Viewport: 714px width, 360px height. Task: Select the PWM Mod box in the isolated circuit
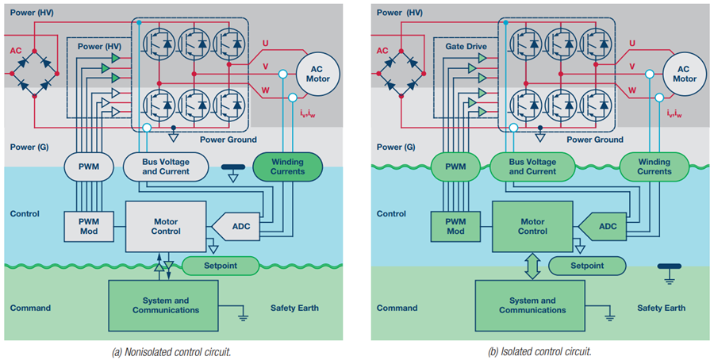pos(455,226)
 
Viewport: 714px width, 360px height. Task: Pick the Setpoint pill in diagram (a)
pos(220,266)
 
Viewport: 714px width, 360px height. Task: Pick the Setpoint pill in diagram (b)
pos(586,266)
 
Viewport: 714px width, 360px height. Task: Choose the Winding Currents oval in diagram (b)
pos(654,166)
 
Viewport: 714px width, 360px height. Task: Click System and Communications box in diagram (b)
pos(527,305)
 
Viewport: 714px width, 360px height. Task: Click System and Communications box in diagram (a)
pos(160,305)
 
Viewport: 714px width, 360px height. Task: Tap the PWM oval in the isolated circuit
pos(455,167)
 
